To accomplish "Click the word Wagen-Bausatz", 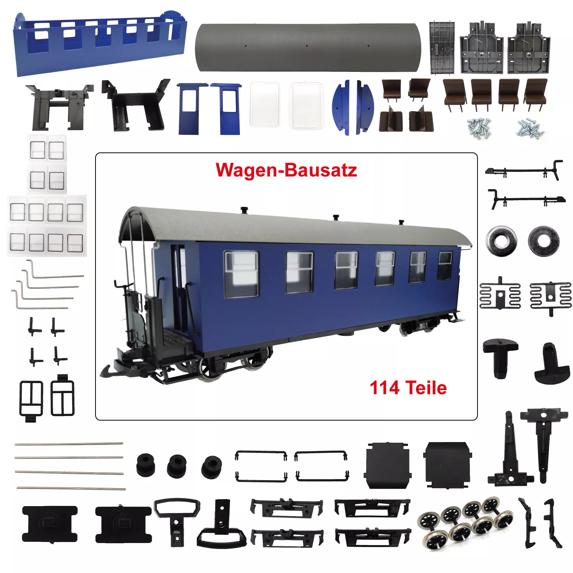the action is [x=286, y=170].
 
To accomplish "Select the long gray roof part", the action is [x=308, y=47].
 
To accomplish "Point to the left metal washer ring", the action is [x=502, y=241].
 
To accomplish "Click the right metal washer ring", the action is [x=544, y=241].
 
